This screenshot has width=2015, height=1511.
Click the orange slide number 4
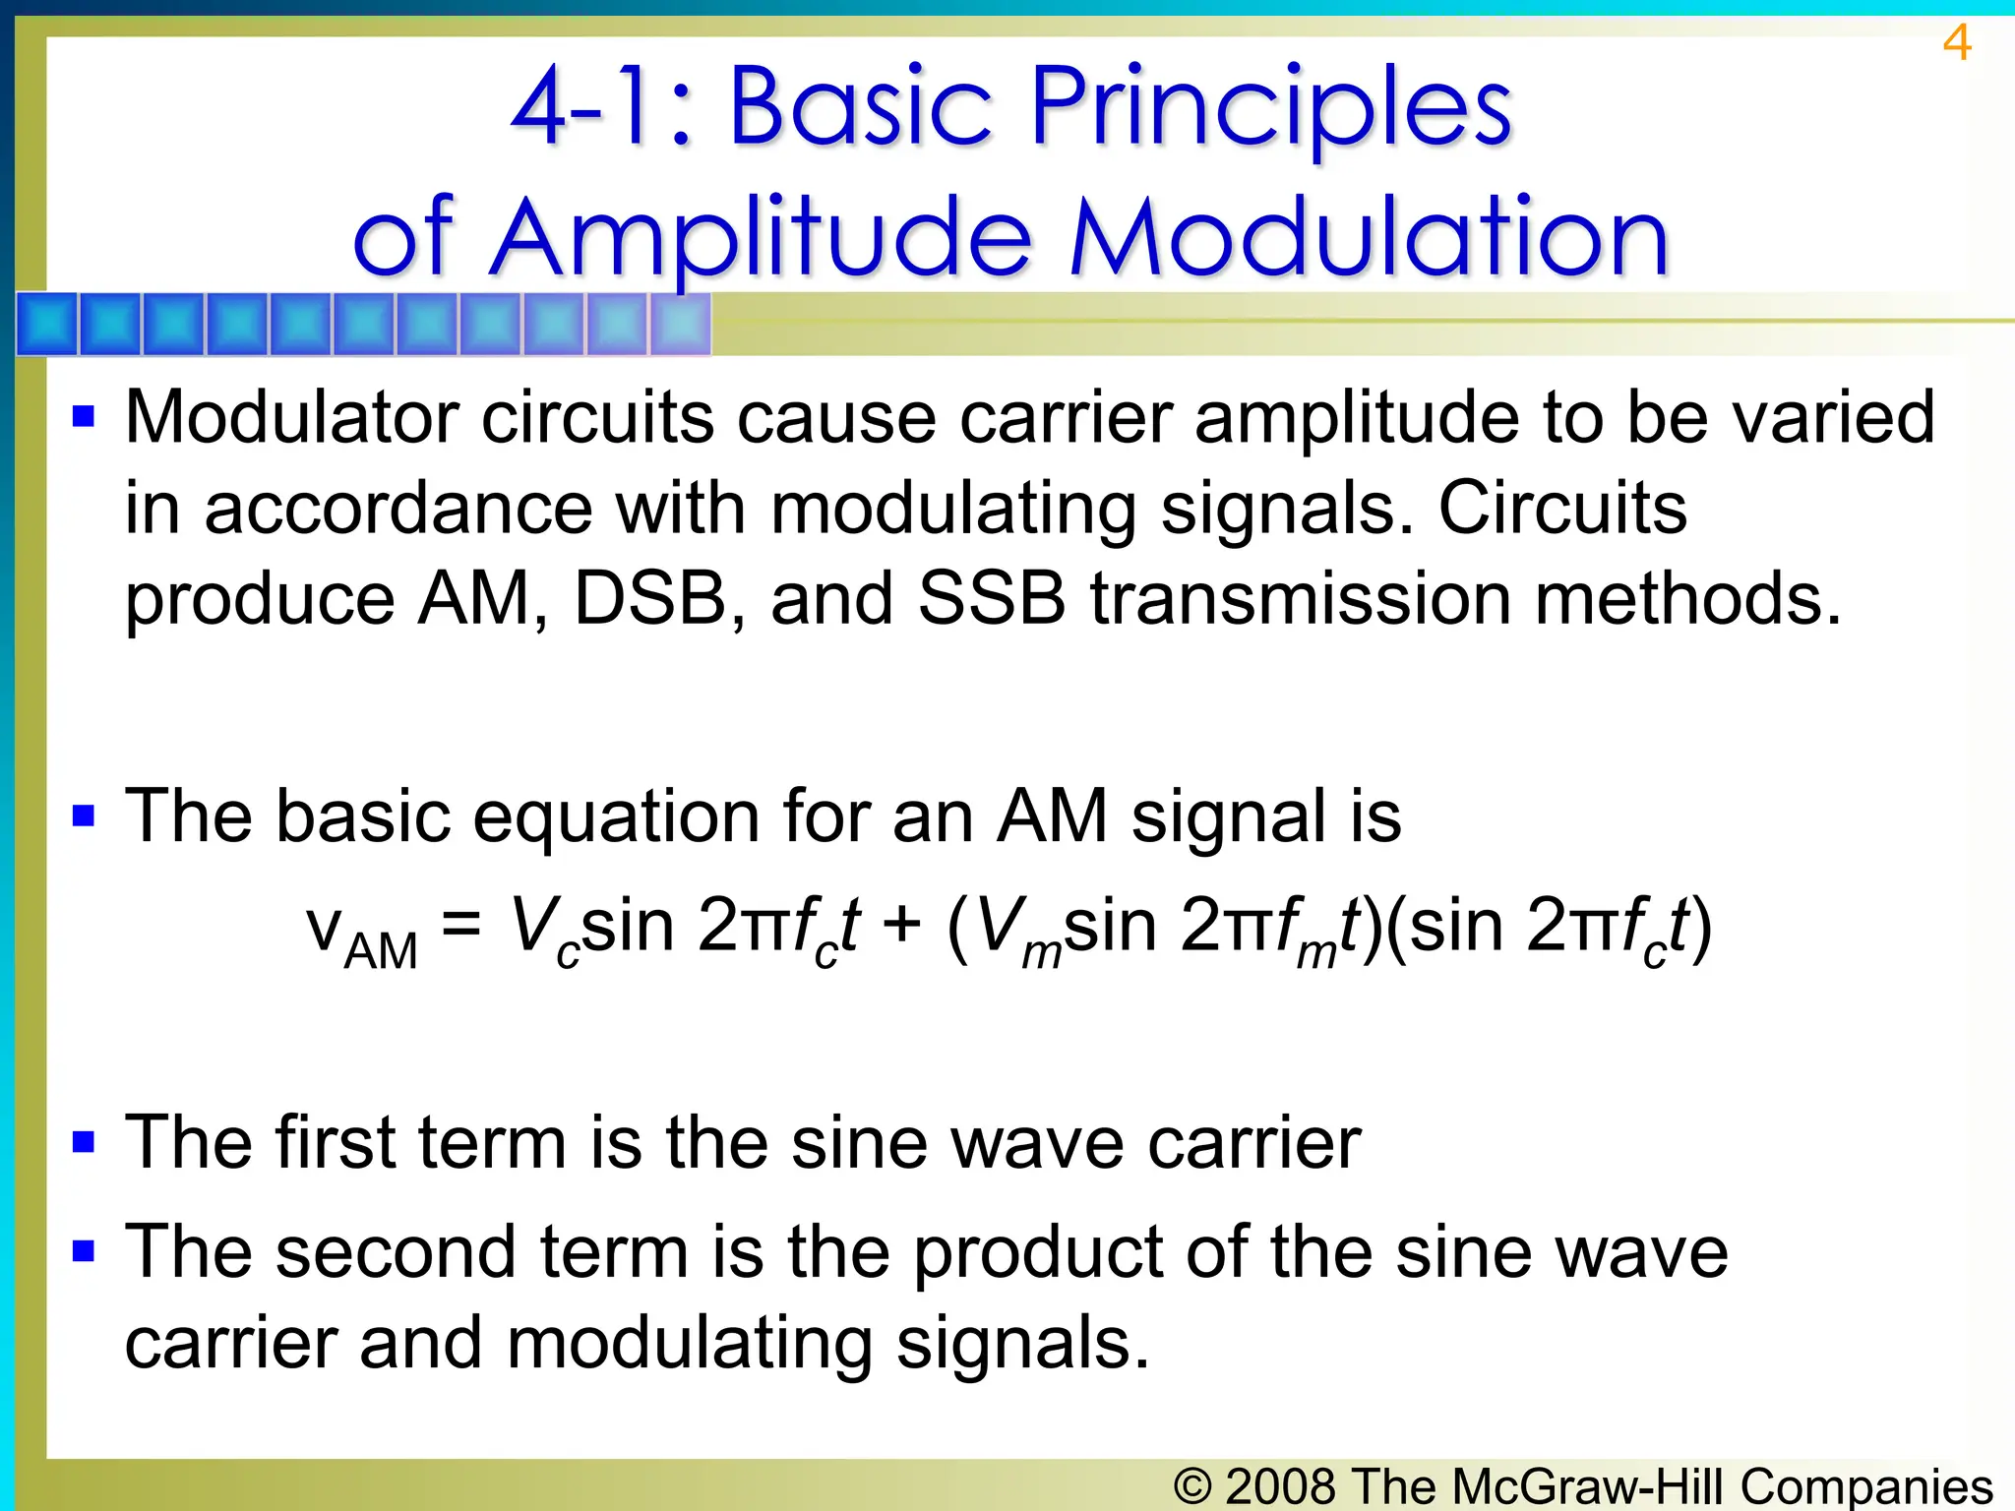pyautogui.click(x=1956, y=43)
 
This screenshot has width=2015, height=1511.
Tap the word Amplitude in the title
pyautogui.click(x=761, y=239)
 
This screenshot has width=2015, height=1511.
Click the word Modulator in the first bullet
pyautogui.click(x=291, y=418)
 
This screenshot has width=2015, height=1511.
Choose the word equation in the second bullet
pyautogui.click(x=616, y=816)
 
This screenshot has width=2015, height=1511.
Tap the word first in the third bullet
pyautogui.click(x=335, y=1143)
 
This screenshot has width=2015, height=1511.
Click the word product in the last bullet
pyautogui.click(x=1038, y=1253)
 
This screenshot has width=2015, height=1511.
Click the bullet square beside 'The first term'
pyautogui.click(x=84, y=1142)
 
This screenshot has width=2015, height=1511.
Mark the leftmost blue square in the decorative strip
pyautogui.click(x=47, y=324)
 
